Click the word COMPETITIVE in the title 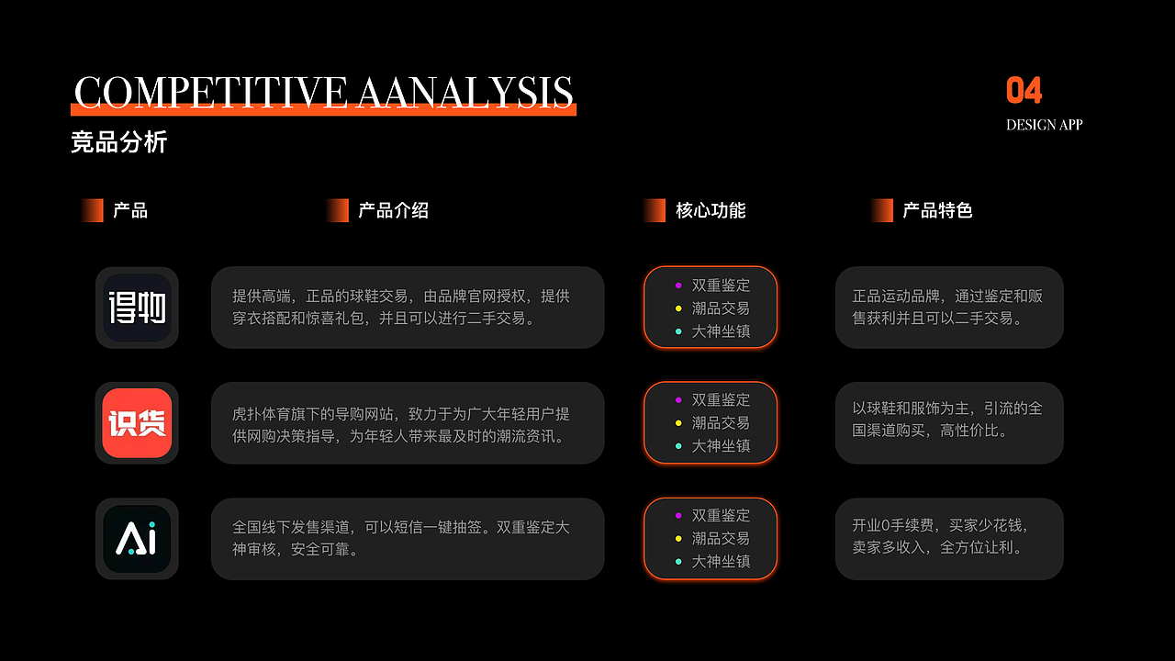click(x=210, y=92)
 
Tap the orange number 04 click(x=1024, y=90)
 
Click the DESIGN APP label click(x=1044, y=125)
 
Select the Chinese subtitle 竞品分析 click(x=119, y=142)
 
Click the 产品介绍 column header click(x=394, y=210)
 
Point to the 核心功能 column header click(x=711, y=210)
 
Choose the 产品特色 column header click(x=937, y=210)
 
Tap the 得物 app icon click(x=137, y=308)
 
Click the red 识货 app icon click(x=137, y=423)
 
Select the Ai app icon click(x=137, y=539)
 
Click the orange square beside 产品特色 click(x=882, y=210)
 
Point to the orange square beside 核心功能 click(x=655, y=210)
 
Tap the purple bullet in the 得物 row click(x=678, y=286)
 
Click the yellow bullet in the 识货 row click(x=678, y=423)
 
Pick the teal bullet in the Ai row click(x=678, y=561)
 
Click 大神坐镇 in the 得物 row click(x=721, y=331)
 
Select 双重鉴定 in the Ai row click(x=721, y=515)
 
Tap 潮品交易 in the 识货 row click(x=721, y=423)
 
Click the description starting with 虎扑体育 click(x=401, y=425)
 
